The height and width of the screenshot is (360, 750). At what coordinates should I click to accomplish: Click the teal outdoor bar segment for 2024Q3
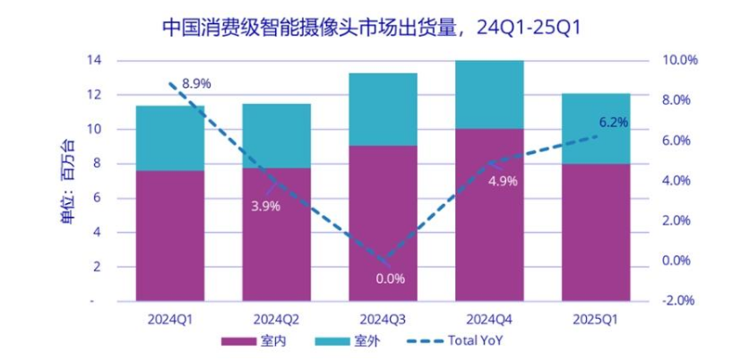[x=383, y=109]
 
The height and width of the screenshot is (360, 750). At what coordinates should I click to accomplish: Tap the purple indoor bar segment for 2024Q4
[x=489, y=215]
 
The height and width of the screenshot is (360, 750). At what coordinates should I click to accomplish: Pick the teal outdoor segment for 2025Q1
[x=596, y=128]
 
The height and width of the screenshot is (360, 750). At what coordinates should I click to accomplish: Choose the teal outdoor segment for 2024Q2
[x=276, y=135]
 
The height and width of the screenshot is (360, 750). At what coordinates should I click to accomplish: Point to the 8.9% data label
[x=196, y=83]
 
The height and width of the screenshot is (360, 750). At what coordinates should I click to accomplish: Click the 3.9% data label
[x=265, y=205]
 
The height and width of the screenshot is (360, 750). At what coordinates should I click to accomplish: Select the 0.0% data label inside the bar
[x=390, y=278]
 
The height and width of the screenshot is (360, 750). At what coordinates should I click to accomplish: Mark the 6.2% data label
[x=613, y=122]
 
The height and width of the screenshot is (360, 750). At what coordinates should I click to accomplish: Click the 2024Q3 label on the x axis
[x=383, y=318]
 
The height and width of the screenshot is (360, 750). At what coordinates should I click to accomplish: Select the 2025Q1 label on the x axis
[x=596, y=318]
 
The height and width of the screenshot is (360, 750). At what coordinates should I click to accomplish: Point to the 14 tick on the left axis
[x=95, y=60]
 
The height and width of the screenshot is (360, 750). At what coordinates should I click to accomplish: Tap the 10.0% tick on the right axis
[x=678, y=60]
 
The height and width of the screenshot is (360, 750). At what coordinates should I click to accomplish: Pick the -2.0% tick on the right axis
[x=678, y=301]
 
